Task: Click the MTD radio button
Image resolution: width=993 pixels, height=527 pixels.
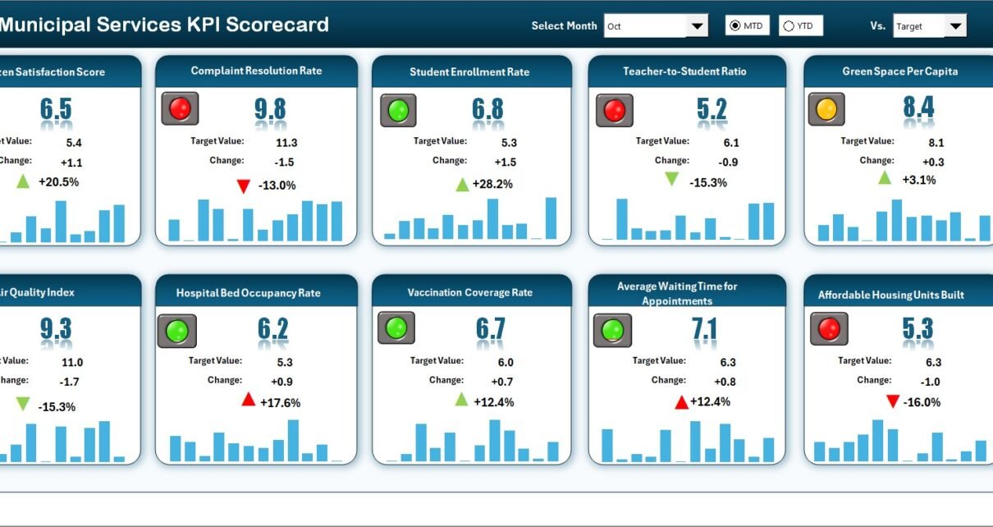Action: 734,26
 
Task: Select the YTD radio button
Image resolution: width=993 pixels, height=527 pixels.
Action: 789,26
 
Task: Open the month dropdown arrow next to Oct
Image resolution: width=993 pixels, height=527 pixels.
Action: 697,26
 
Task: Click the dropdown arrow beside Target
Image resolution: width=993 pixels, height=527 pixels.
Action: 954,26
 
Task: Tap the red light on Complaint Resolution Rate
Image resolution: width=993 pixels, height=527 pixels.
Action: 180,108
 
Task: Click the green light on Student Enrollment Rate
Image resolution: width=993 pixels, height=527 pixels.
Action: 397,110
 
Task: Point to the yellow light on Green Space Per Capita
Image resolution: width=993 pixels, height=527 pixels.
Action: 826,108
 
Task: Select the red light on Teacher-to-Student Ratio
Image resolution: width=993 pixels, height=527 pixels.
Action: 614,110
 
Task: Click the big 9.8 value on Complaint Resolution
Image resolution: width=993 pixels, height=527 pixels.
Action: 270,109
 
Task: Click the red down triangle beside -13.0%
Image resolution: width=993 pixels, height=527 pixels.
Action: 243,186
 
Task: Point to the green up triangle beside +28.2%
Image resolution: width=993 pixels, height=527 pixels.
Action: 463,184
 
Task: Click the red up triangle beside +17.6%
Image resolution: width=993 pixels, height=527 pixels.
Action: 248,400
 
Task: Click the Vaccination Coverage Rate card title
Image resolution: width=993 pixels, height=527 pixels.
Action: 470,293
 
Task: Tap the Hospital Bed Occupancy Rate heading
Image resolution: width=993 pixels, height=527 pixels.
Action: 248,293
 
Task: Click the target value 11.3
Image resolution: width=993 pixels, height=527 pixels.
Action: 286,142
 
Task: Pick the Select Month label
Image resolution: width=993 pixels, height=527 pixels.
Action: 564,26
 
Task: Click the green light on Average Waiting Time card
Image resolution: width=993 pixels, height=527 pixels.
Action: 612,331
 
